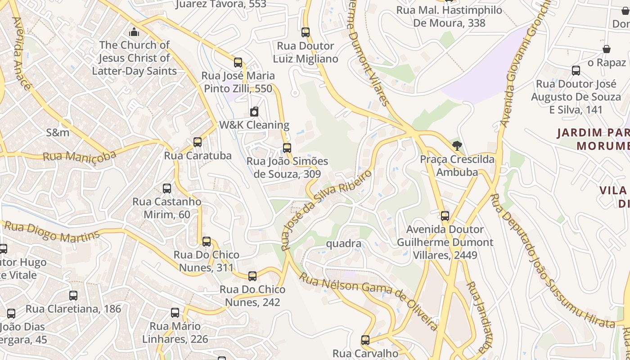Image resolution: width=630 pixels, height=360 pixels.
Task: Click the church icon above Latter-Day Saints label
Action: click(134, 32)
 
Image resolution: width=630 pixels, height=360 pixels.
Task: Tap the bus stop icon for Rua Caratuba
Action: click(197, 142)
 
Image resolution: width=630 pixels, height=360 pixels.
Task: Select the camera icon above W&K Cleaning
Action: click(254, 112)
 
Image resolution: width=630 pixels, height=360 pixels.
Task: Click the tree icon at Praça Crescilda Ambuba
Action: click(457, 146)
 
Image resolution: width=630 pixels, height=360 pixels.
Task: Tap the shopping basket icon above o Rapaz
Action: click(606, 49)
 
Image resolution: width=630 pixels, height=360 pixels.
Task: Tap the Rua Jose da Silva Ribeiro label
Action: click(326, 209)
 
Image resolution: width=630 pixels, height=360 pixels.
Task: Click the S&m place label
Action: click(58, 132)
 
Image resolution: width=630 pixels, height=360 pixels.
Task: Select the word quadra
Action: click(343, 243)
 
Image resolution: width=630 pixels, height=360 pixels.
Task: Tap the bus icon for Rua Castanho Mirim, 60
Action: click(167, 188)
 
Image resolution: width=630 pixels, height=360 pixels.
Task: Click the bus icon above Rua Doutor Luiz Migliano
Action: click(306, 32)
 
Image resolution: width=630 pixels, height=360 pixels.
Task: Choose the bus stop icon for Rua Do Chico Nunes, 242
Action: click(252, 276)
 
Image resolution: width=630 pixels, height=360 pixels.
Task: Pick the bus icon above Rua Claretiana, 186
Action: click(73, 296)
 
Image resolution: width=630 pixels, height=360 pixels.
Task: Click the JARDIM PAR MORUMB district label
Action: click(593, 139)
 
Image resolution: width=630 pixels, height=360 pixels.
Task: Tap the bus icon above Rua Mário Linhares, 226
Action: click(175, 312)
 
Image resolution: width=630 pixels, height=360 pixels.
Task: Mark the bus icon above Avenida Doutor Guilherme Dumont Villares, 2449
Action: click(445, 216)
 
